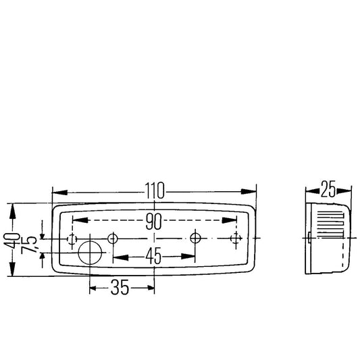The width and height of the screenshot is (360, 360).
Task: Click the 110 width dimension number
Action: click(155, 190)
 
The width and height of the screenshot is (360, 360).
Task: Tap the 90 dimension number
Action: click(153, 222)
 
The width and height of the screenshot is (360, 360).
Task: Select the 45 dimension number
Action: click(153, 256)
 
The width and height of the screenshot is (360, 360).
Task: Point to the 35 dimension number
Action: click(120, 287)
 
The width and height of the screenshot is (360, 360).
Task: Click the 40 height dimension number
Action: click(11, 240)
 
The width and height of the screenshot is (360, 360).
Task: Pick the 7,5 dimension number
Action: click(28, 245)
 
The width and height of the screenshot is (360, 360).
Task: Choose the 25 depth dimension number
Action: click(328, 189)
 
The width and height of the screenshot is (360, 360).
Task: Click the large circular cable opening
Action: click(90, 253)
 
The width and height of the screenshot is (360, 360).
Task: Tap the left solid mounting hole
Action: click(113, 238)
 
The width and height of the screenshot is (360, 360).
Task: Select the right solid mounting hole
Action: click(195, 238)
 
